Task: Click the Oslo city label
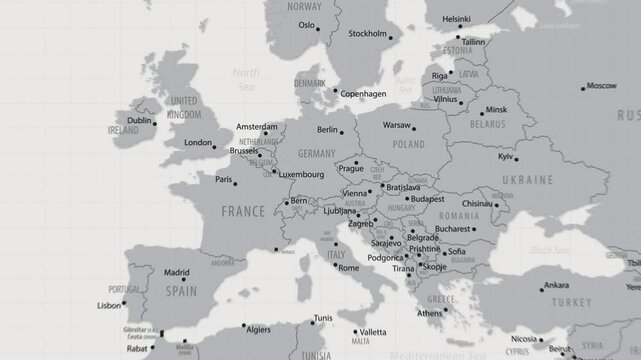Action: tap(306, 25)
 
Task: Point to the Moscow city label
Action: tap(602, 86)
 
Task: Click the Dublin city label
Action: tap(140, 121)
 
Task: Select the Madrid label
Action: tap(176, 272)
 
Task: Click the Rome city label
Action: tap(348, 268)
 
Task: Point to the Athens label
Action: tap(429, 313)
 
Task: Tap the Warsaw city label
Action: tap(397, 126)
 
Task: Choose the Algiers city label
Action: tap(259, 328)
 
